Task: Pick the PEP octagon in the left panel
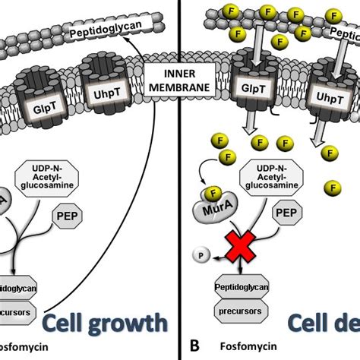pos(66,218)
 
